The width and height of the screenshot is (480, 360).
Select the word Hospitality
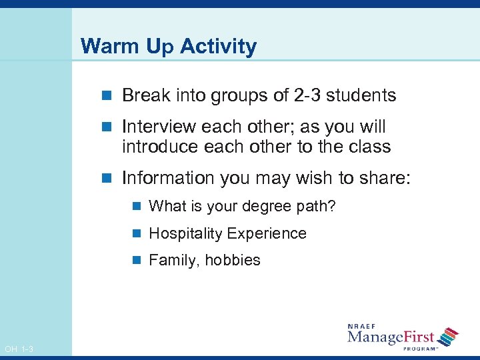pyautogui.click(x=185, y=234)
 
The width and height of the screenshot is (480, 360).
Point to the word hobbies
pyautogui.click(x=233, y=261)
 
